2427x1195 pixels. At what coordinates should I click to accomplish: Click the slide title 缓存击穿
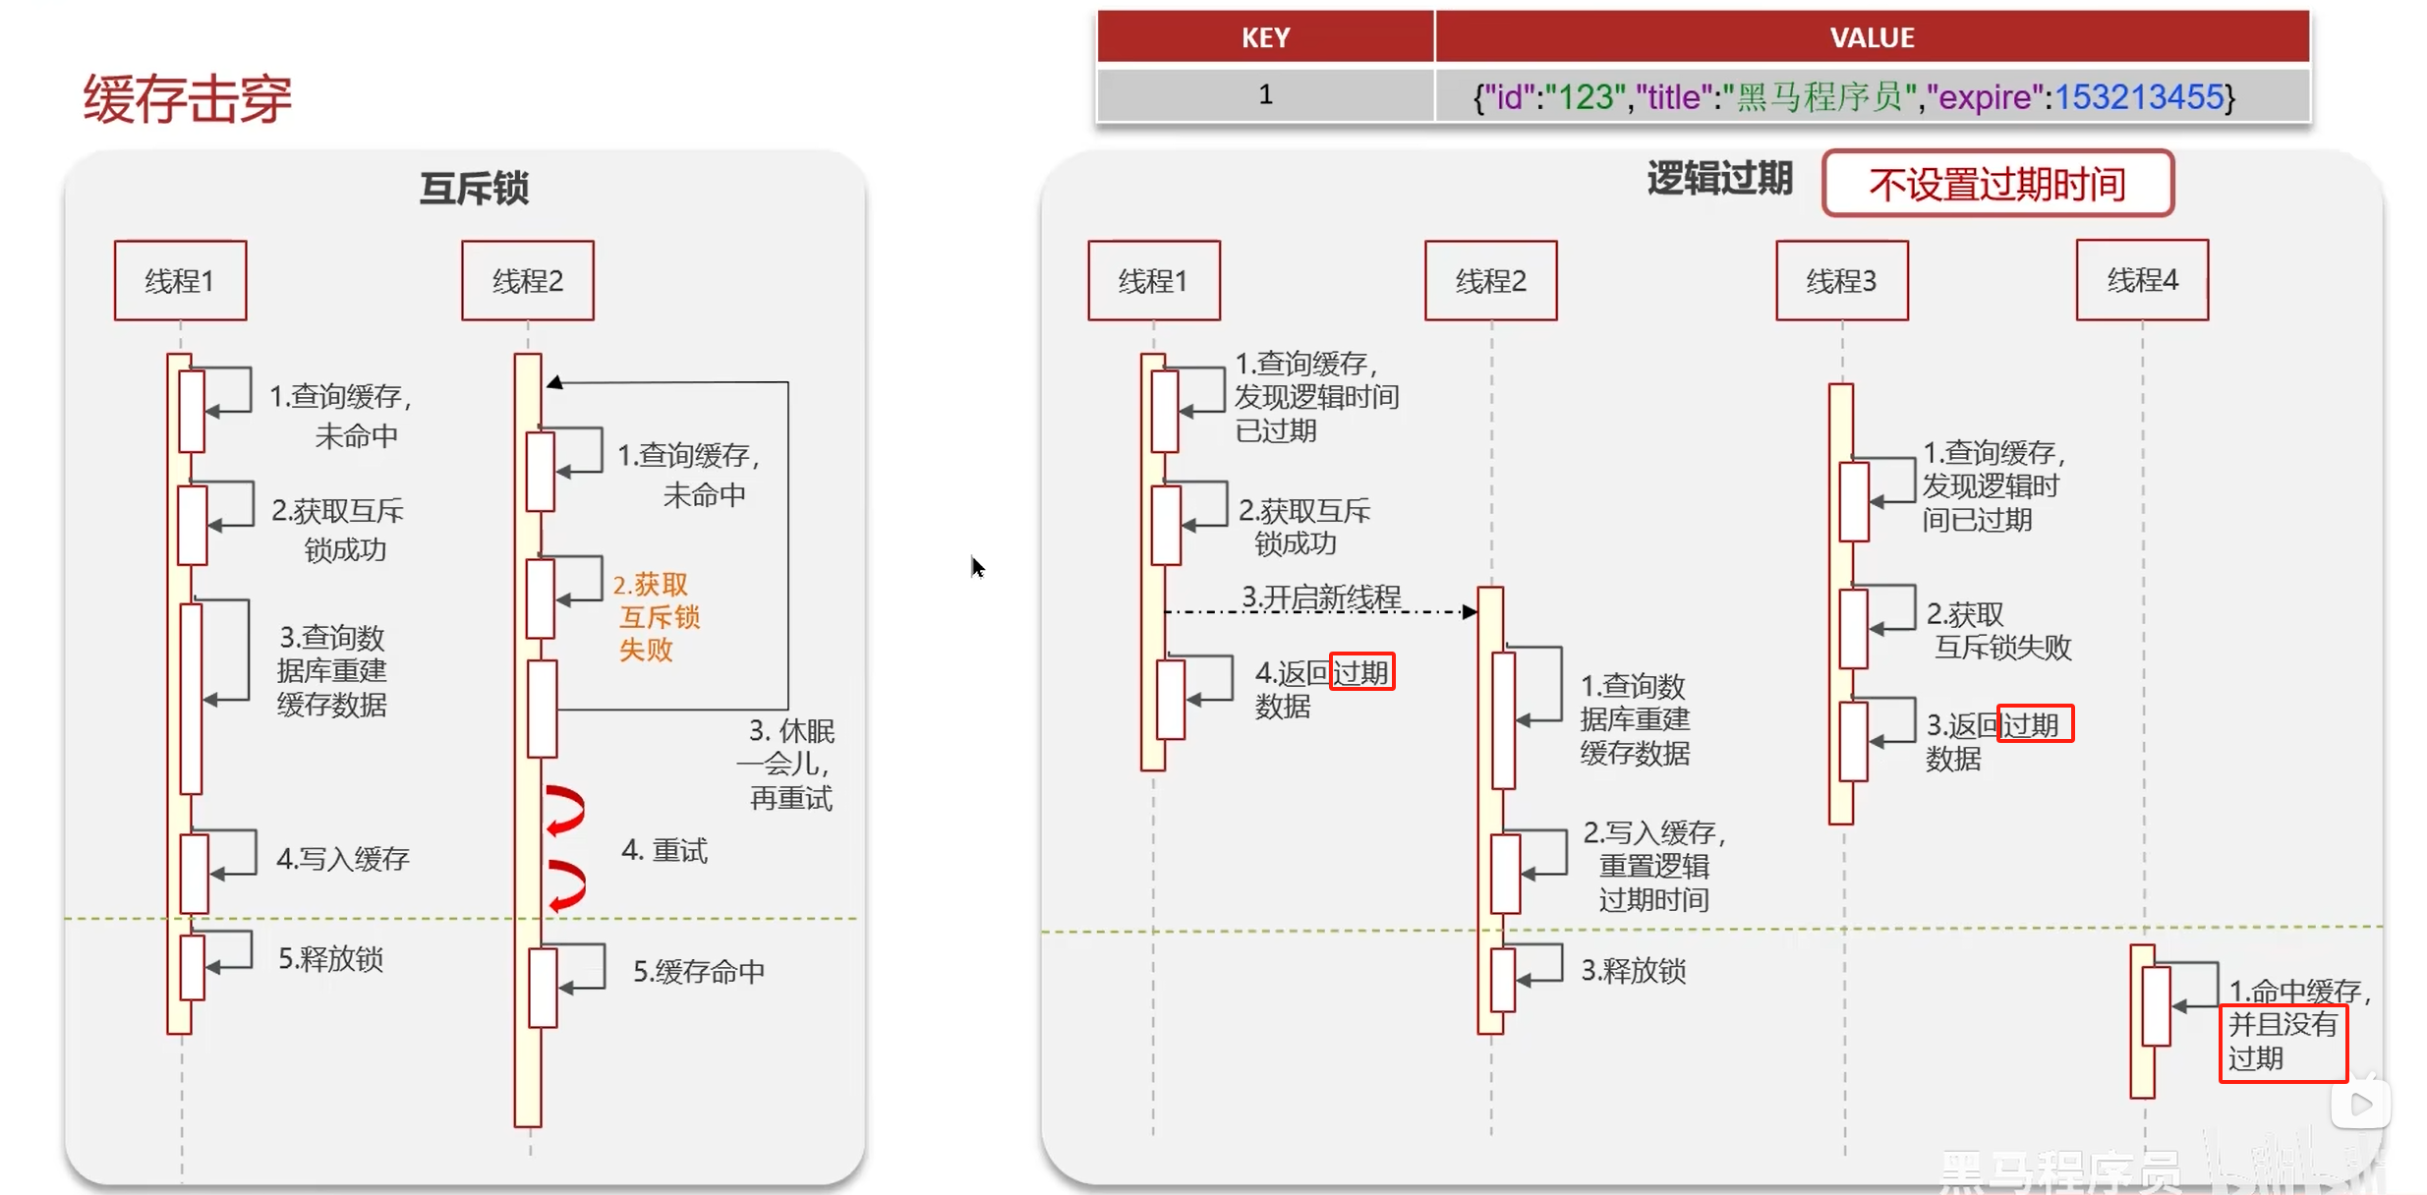[x=188, y=99]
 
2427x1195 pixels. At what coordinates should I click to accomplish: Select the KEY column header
[x=1264, y=37]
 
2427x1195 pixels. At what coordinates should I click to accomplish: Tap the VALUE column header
[x=1871, y=37]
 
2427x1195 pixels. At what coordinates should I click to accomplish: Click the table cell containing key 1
[x=1265, y=95]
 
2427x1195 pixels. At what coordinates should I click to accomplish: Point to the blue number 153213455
[x=2138, y=97]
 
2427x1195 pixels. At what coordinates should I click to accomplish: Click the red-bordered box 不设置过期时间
[x=1996, y=184]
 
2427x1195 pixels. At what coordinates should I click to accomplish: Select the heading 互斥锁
[x=474, y=188]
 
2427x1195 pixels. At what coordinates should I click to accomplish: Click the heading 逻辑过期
[x=1719, y=179]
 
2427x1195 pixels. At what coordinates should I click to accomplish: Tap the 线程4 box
[x=2142, y=281]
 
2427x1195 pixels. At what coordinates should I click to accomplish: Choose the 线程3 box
[x=1841, y=281]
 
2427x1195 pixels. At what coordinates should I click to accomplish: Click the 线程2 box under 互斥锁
[x=528, y=281]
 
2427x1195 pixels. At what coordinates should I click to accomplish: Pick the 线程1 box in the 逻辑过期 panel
[x=1153, y=281]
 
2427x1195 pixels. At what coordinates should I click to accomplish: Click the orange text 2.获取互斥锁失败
[x=656, y=617]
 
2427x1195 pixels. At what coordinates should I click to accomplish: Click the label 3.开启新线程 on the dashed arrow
[x=1321, y=597]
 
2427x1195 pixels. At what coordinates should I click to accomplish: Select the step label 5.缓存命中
[x=698, y=972]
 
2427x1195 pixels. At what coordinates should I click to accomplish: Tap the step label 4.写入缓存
[x=342, y=859]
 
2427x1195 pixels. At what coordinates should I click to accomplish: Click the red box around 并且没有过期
[x=2283, y=1043]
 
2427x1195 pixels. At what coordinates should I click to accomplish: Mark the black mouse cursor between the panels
[x=976, y=567]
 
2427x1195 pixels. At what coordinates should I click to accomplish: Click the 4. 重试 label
[x=665, y=851]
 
